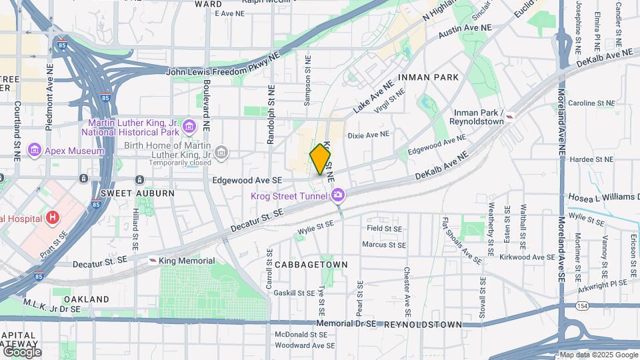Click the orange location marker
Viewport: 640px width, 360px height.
[x=320, y=159]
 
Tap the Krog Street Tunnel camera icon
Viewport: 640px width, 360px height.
[x=339, y=195]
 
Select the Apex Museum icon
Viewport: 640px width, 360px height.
[x=34, y=151]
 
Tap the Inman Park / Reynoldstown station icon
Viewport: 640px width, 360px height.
[x=510, y=117]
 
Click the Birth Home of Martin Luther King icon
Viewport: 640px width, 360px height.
[x=221, y=153]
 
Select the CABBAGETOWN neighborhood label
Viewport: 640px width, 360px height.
[x=311, y=265]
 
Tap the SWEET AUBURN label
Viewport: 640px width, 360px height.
[x=137, y=193]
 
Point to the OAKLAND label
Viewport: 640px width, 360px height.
[x=87, y=299]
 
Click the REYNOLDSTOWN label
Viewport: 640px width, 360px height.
[x=422, y=324]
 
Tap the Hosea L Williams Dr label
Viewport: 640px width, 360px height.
[x=603, y=198]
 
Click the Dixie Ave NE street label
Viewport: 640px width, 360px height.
[x=368, y=135]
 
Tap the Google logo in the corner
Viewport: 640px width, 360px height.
[x=22, y=351]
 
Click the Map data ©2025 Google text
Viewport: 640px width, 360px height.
[x=598, y=355]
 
